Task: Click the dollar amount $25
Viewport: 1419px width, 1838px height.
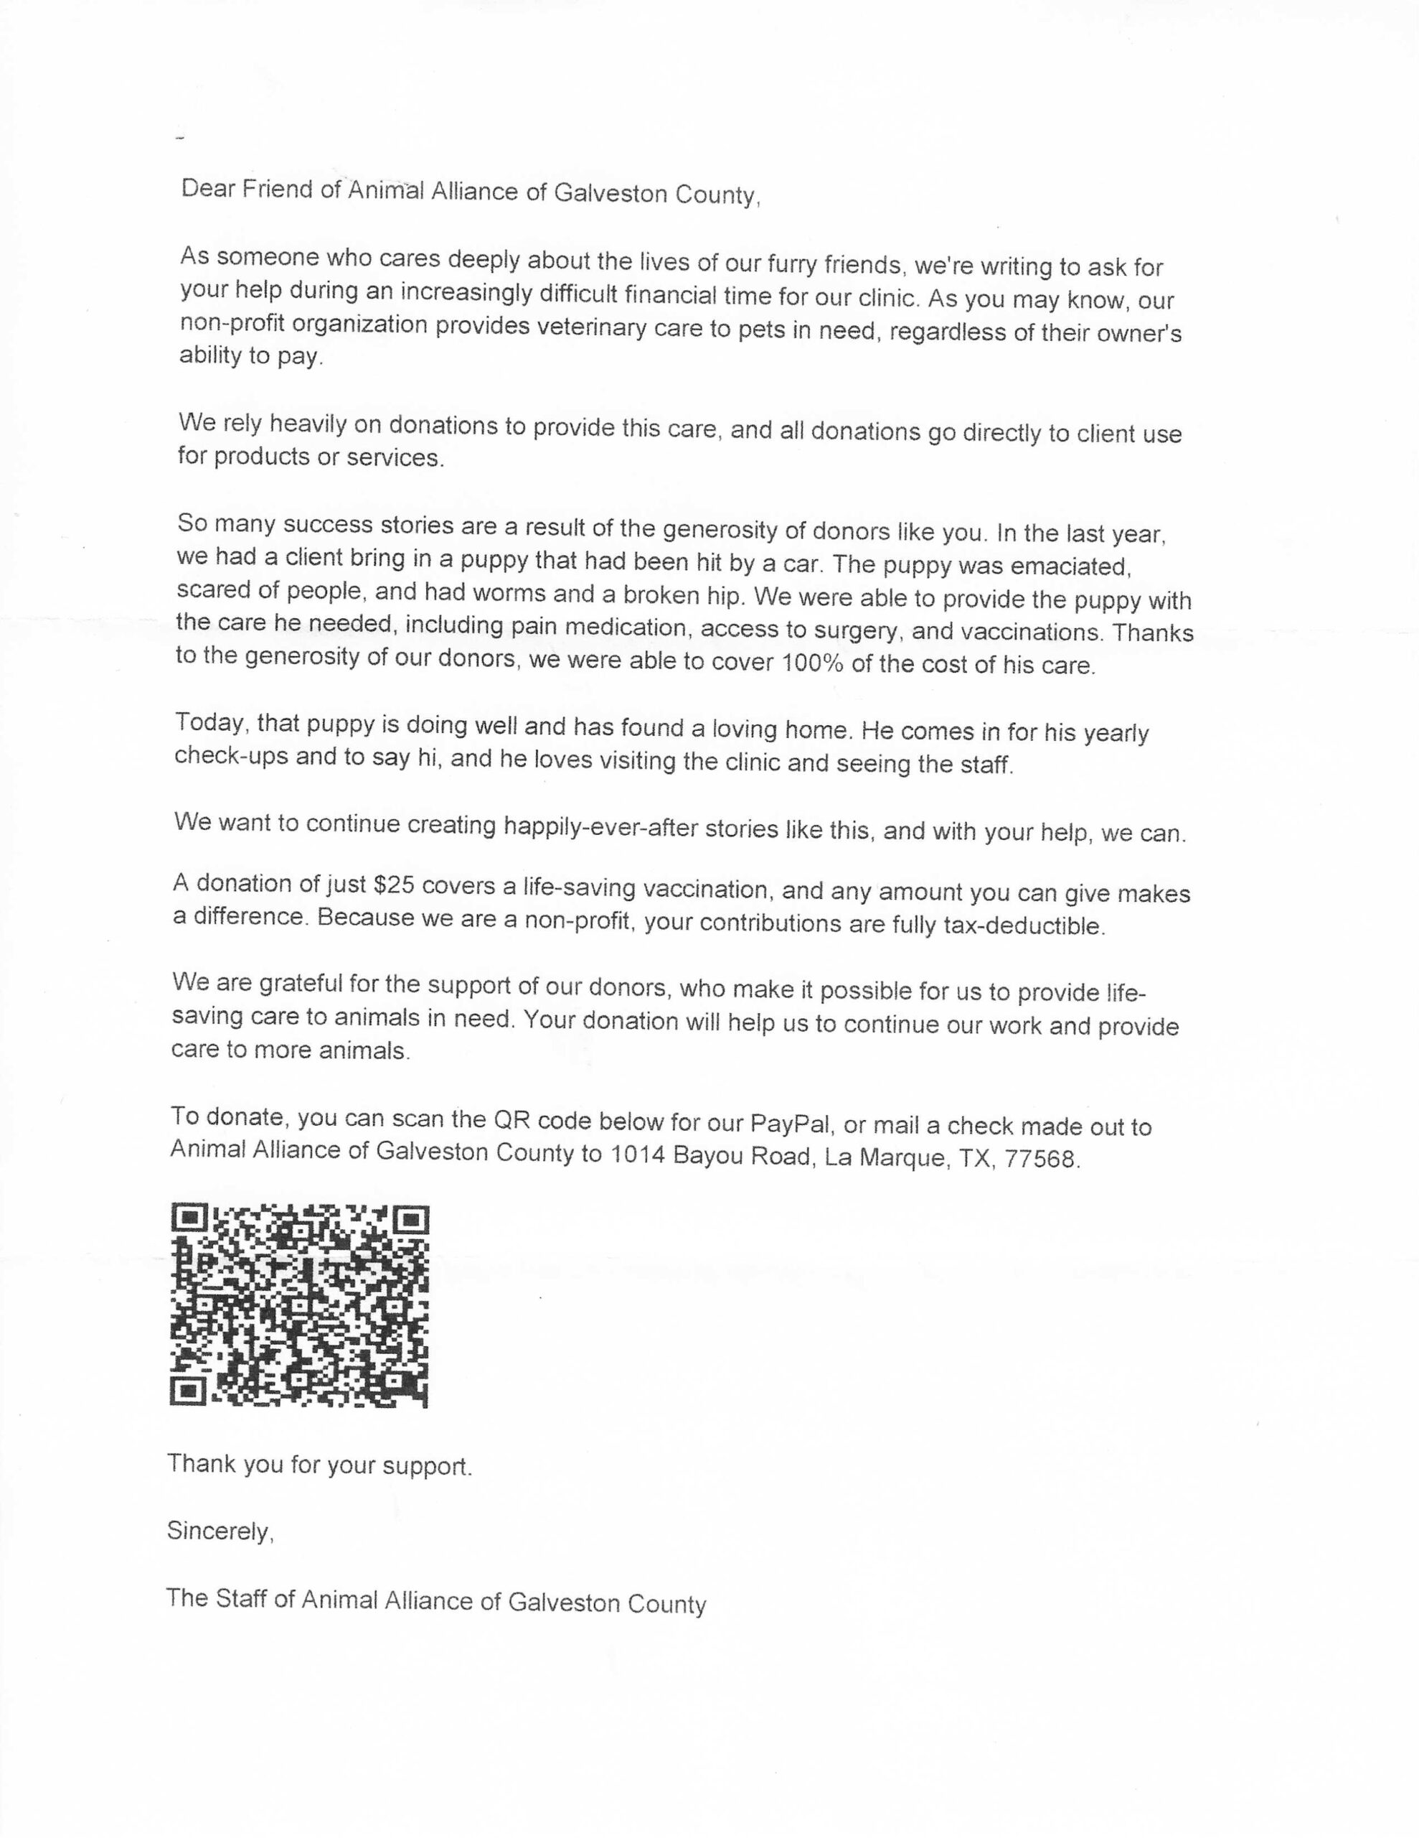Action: (393, 885)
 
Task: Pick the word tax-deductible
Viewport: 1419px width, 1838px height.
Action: (1024, 925)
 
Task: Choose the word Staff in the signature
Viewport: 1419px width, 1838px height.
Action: (242, 1598)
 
